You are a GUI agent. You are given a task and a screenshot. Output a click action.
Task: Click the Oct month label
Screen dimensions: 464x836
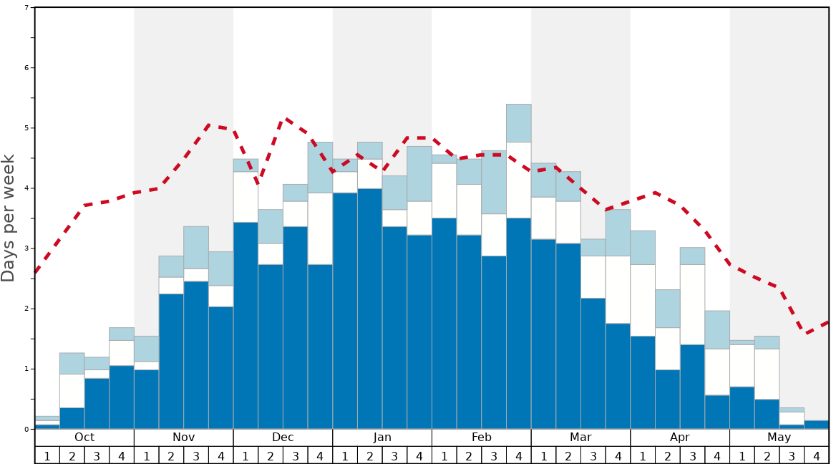[84, 438]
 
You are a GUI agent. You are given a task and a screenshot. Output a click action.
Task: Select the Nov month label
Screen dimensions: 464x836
[183, 438]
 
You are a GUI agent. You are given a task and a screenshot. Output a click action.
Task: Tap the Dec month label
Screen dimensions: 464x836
[283, 438]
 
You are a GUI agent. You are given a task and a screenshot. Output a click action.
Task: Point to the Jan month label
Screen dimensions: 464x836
[382, 438]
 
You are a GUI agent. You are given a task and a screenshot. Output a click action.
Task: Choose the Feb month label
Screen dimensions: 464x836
[482, 438]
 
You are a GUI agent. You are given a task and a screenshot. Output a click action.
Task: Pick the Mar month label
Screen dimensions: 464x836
[580, 438]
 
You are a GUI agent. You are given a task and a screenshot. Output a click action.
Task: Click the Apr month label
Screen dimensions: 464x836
[680, 438]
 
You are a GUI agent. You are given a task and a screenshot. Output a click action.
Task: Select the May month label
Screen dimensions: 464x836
[779, 438]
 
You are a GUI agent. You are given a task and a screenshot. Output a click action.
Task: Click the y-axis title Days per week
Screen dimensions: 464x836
[9, 218]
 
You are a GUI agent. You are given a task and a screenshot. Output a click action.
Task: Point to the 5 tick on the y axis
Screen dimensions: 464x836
[26, 128]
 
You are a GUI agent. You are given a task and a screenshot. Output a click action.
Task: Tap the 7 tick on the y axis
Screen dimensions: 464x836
[26, 8]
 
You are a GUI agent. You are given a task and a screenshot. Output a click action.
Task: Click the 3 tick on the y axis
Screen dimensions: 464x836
[26, 248]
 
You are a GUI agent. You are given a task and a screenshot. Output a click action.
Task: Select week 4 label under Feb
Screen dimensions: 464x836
[518, 455]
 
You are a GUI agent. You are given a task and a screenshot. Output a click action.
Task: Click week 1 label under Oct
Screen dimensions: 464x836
[47, 455]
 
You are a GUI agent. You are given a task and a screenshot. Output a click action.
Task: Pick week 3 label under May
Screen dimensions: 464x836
[792, 455]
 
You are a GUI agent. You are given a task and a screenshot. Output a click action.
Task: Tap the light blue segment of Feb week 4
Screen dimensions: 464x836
[518, 123]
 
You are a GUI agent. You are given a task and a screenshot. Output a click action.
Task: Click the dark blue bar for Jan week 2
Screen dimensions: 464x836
[369, 309]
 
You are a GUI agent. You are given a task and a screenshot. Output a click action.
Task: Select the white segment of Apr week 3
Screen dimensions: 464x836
[692, 304]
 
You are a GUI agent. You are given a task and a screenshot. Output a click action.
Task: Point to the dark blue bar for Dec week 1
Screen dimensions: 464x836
[246, 326]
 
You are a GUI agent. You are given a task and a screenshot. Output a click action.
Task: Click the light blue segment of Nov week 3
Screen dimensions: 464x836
[196, 248]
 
